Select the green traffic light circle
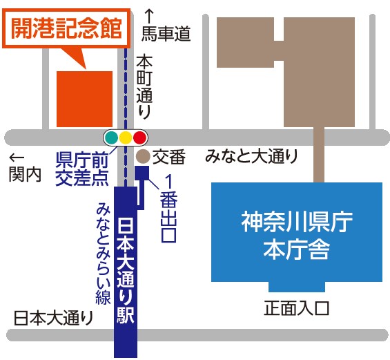point(110,138)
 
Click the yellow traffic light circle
point(125,138)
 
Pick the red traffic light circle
point(140,138)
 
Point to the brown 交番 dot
point(143,157)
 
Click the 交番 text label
point(169,158)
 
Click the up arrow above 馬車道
point(148,15)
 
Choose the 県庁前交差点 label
point(81,168)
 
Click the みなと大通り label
point(251,157)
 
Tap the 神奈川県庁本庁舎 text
point(297,234)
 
